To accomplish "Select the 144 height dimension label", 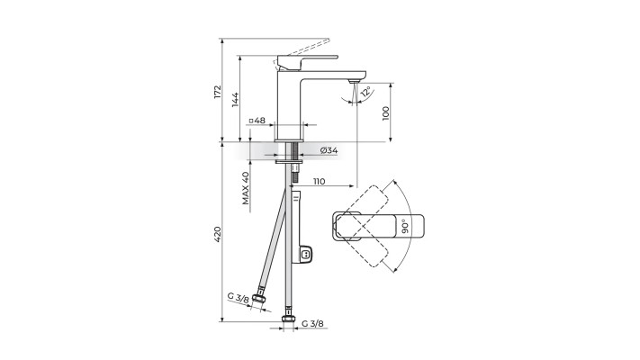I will [x=234, y=99].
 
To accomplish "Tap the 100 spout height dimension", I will [x=386, y=112].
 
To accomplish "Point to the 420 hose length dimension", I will [x=216, y=234].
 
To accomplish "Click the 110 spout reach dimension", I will [x=320, y=181].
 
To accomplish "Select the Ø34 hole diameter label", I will [x=328, y=150].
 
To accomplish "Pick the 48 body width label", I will [x=257, y=121].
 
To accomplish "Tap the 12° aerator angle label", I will [x=365, y=92].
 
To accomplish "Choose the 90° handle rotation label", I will [x=405, y=226].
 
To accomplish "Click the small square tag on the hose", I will [x=306, y=255].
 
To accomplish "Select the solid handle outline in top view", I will [x=369, y=227].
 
